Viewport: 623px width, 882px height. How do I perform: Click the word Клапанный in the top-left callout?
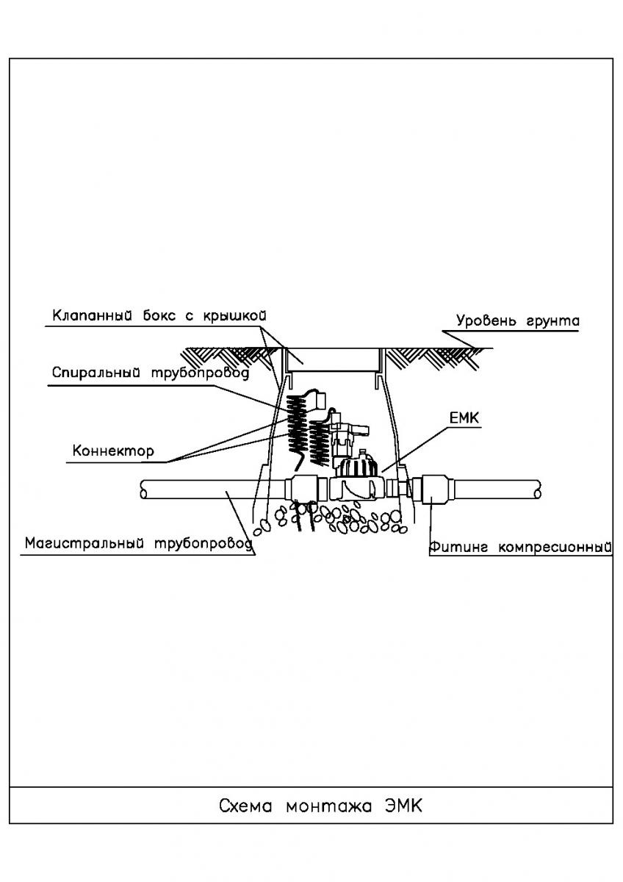92,316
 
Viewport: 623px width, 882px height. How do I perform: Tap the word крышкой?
235,316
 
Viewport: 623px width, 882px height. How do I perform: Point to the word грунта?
553,322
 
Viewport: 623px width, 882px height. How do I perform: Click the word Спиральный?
96,373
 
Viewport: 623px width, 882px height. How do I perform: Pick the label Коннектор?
113,451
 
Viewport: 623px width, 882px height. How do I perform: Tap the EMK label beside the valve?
464,418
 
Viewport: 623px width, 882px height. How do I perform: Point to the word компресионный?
555,548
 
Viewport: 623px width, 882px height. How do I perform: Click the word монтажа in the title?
328,807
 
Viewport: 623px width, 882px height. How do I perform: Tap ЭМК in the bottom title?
403,806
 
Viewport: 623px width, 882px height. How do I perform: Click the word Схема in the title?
245,806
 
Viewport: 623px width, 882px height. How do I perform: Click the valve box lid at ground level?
333,360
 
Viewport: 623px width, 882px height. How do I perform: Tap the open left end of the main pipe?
144,490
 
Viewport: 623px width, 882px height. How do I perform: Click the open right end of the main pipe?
537,490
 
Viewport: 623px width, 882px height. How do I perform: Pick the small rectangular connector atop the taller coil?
321,400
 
